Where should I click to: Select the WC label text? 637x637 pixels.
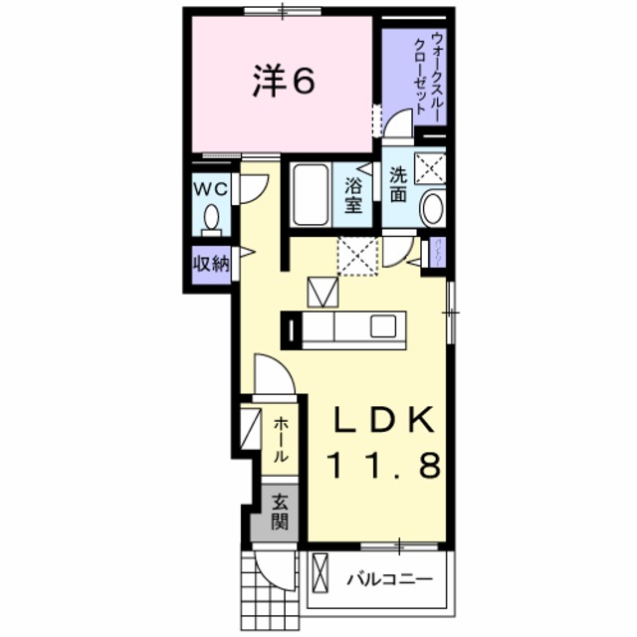click(212, 188)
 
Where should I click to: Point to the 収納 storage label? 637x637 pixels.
click(211, 264)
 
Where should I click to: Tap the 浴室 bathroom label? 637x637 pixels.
click(353, 195)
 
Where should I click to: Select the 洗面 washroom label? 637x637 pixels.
click(398, 184)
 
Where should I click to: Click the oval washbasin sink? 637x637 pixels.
click(433, 209)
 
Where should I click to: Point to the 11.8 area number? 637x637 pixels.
click(383, 466)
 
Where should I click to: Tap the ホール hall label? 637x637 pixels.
click(280, 439)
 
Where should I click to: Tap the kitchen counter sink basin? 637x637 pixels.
click(385, 326)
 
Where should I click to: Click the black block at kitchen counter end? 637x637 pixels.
click(291, 327)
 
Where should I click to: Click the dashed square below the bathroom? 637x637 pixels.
click(357, 256)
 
